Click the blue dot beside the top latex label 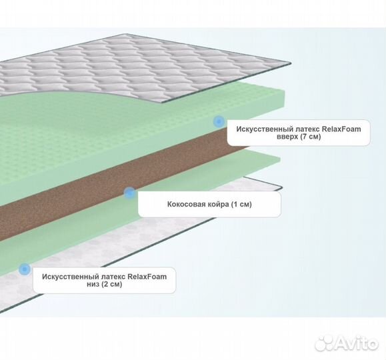pyautogui.click(x=219, y=121)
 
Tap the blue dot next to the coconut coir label pyautogui.click(x=129, y=193)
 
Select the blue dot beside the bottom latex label pyautogui.click(x=25, y=269)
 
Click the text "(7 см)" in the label pyautogui.click(x=310, y=137)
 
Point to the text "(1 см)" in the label pyautogui.click(x=241, y=205)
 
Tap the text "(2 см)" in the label pyautogui.click(x=111, y=284)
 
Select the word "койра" pyautogui.click(x=218, y=205)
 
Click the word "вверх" pyautogui.click(x=287, y=137)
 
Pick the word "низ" pyautogui.click(x=93, y=285)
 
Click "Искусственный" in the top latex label pyautogui.click(x=265, y=129)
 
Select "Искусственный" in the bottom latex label pyautogui.click(x=70, y=277)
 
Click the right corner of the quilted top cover pyautogui.click(x=291, y=63)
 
